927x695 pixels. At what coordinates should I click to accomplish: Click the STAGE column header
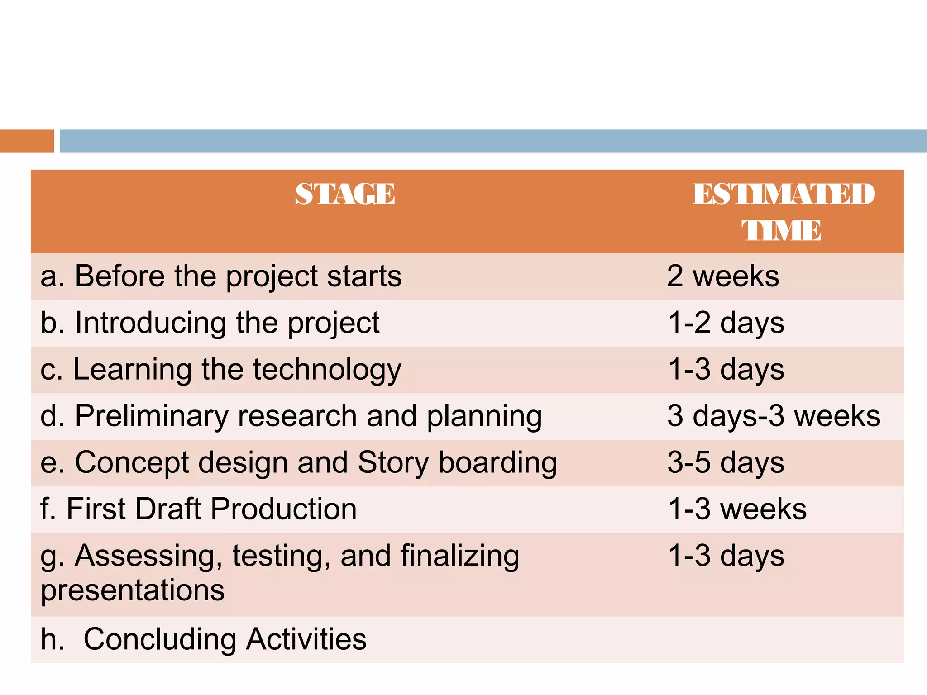coord(345,194)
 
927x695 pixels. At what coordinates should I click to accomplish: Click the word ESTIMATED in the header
coord(784,194)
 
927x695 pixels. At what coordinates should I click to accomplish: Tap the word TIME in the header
coord(781,230)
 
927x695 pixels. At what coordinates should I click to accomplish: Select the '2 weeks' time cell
coord(723,276)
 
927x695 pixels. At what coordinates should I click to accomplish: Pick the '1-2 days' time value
coord(726,323)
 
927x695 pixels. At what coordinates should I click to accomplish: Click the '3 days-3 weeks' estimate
coord(774,416)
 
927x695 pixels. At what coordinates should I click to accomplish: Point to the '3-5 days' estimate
coord(726,462)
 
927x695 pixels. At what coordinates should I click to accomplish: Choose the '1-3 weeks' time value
coord(737,509)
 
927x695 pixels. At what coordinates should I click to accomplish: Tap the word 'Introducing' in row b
coord(151,323)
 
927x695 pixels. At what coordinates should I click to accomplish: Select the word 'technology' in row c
coord(327,370)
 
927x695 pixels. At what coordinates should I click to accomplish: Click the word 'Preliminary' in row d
coord(152,416)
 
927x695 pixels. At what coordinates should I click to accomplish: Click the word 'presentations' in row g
coord(133,590)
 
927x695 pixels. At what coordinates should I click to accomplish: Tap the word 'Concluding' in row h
coord(160,639)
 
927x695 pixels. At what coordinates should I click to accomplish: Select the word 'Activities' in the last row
coord(306,639)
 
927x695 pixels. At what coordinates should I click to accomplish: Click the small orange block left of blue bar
coord(27,141)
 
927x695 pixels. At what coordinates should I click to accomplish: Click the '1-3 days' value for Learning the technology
coord(726,370)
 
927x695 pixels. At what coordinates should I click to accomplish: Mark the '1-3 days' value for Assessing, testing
coord(726,556)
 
